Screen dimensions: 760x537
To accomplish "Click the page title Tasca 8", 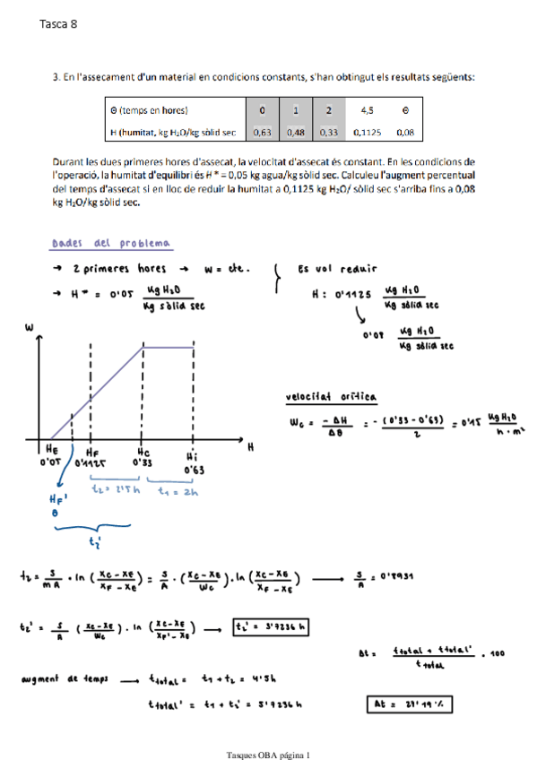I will click(x=59, y=25).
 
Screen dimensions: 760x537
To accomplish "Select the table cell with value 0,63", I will click(x=263, y=132).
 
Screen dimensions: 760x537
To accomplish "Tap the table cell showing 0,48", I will click(x=296, y=132).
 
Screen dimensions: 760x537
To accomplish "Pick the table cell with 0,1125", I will click(x=367, y=132).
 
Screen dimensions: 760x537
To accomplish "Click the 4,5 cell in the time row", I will click(x=367, y=110).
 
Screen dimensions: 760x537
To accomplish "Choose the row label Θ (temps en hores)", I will click(x=148, y=110).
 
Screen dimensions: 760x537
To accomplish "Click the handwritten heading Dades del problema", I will click(x=112, y=244).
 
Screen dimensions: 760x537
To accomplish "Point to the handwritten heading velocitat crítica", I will click(x=331, y=396).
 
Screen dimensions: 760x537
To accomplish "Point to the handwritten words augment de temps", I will click(x=64, y=679).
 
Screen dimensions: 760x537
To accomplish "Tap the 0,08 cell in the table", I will click(x=405, y=132).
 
